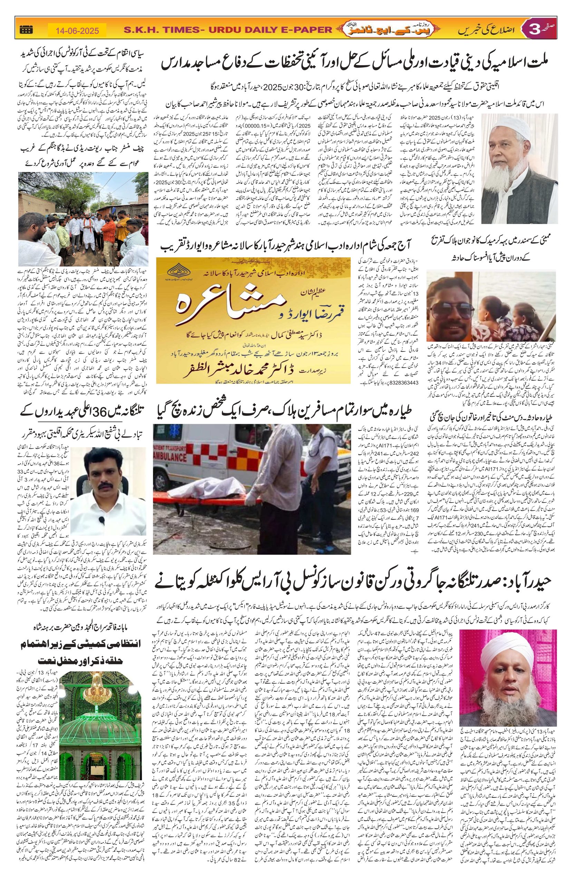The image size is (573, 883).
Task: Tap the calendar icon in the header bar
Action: coord(26,30)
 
